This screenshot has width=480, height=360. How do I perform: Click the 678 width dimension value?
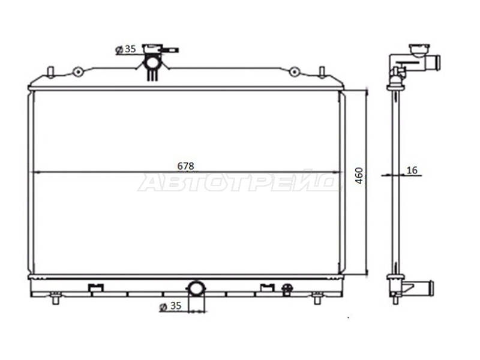click(x=185, y=166)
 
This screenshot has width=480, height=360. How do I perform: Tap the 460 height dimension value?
click(x=359, y=175)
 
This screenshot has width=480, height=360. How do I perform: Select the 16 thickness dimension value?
click(x=412, y=170)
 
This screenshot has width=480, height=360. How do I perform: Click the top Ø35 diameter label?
click(x=125, y=49)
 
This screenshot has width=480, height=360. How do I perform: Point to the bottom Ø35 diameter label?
click(x=170, y=306)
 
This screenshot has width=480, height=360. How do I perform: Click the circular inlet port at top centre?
click(x=152, y=63)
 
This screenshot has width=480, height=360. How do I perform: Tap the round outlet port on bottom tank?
click(x=196, y=289)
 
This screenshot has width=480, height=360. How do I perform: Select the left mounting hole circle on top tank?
click(x=78, y=72)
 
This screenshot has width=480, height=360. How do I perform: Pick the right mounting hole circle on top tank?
click(x=294, y=72)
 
